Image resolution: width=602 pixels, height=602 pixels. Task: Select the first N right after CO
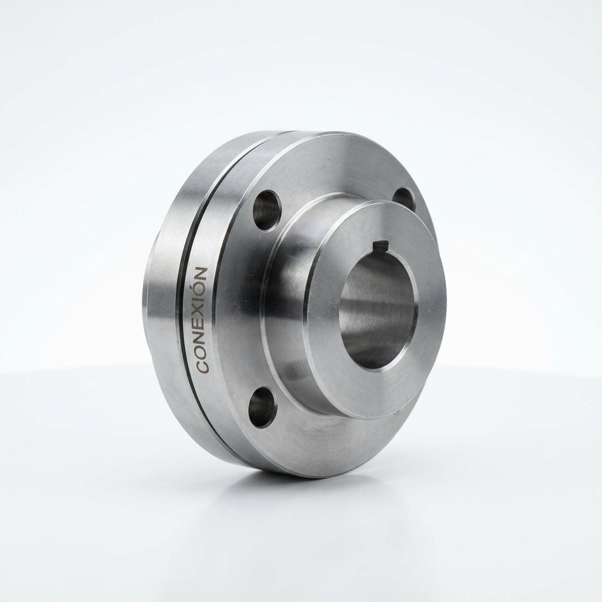202,338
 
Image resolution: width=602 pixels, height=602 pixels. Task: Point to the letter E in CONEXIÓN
202,326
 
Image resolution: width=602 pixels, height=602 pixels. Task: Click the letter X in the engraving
202,314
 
